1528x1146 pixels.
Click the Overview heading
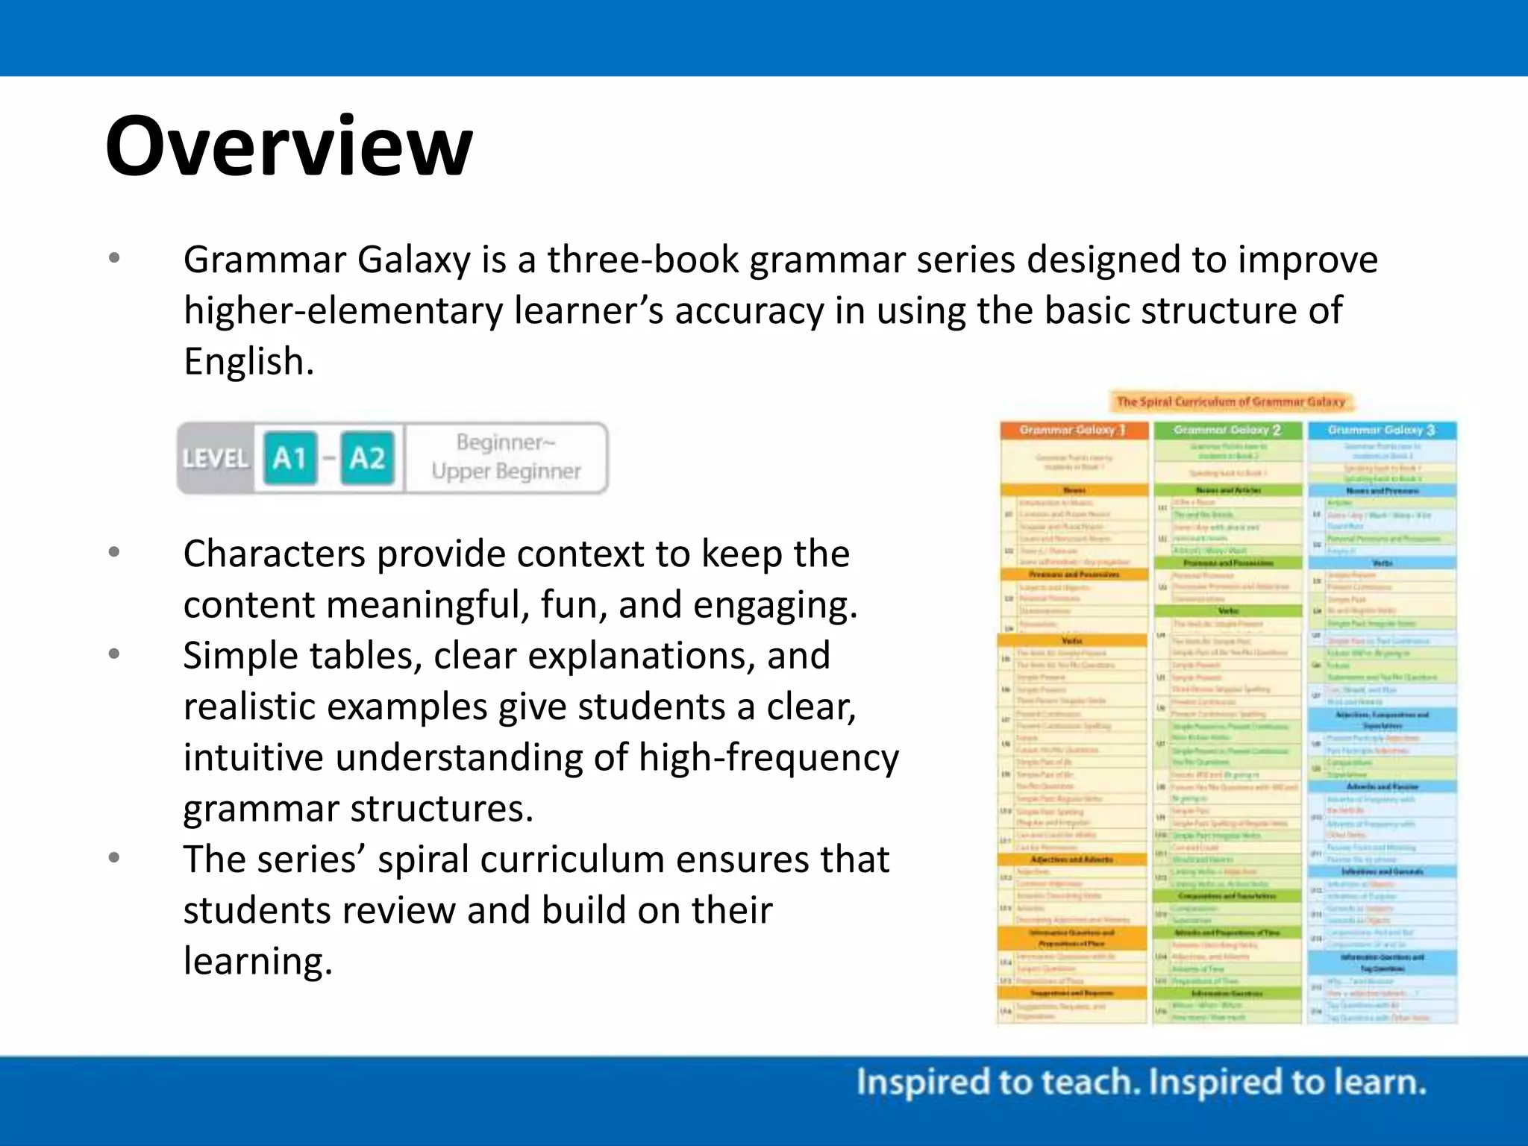pos(289,146)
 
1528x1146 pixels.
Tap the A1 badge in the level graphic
pos(290,457)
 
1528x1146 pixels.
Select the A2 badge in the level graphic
pos(367,457)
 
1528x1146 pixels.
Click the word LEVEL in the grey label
pos(216,458)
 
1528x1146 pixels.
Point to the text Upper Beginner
pos(506,472)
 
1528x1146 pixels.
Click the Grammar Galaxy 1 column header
pos(1073,430)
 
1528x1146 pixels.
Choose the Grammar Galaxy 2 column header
pos(1227,430)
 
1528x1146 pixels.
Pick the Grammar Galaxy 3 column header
pos(1381,430)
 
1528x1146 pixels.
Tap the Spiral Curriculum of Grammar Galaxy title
pos(1231,401)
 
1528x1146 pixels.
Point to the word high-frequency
pos(768,758)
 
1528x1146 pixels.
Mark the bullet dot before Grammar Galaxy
pos(114,258)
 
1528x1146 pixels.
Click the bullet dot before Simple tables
pos(114,654)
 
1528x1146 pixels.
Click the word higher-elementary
pos(343,311)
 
